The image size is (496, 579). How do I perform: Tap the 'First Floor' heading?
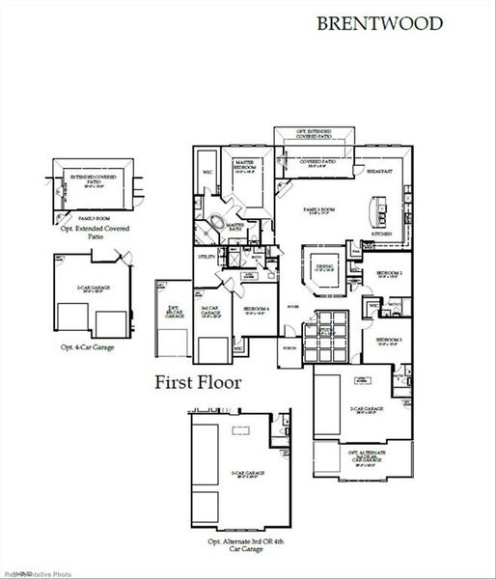198,381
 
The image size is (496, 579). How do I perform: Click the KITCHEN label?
382,234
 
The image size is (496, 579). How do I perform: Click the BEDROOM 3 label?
389,341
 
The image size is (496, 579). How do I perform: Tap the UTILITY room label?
206,258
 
